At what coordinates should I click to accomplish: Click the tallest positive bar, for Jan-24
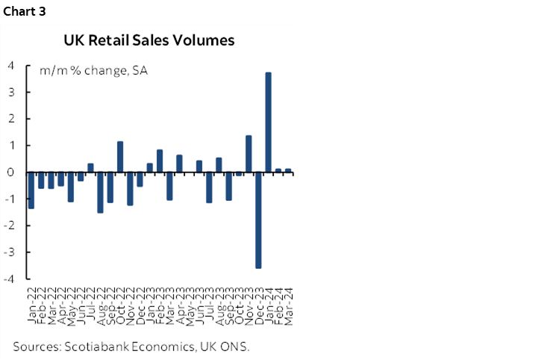pos(268,122)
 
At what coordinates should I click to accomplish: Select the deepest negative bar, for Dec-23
pos(258,220)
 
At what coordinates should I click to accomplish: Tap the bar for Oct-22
pos(120,157)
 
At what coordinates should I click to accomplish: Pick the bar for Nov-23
pos(249,154)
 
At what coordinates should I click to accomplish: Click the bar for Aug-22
pos(100,192)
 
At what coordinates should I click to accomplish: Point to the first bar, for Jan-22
pos(31,190)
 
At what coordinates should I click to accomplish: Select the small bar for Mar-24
pos(288,170)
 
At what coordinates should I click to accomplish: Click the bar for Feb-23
pos(160,161)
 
